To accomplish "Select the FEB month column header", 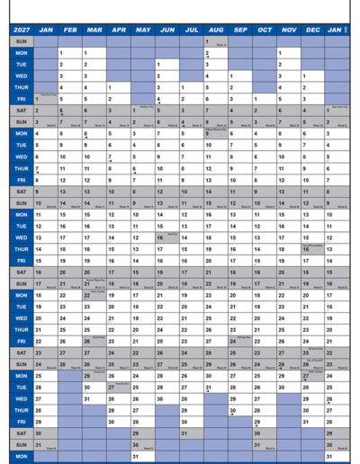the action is [69, 30].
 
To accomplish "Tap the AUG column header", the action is [215, 30].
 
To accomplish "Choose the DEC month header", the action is [312, 30].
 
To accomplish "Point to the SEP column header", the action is [240, 30].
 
